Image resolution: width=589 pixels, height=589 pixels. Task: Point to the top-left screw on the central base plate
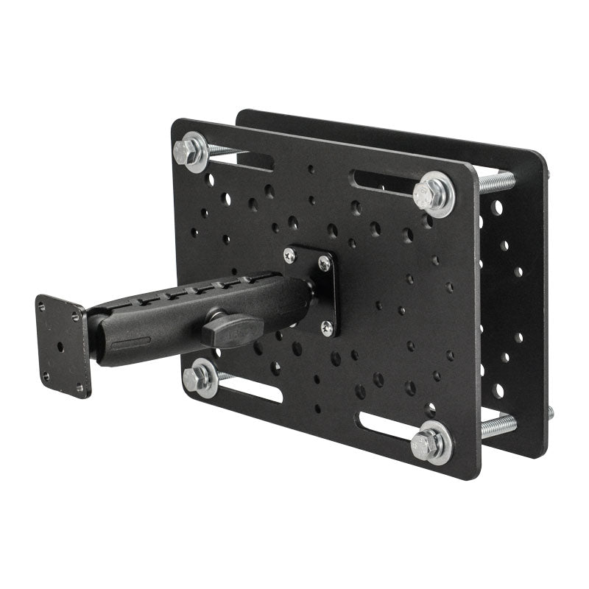tap(289, 254)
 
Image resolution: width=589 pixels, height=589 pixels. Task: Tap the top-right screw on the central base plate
tap(323, 263)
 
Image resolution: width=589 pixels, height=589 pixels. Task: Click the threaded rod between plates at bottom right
tap(498, 426)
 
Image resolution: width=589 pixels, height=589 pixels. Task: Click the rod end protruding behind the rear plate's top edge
tap(548, 174)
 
